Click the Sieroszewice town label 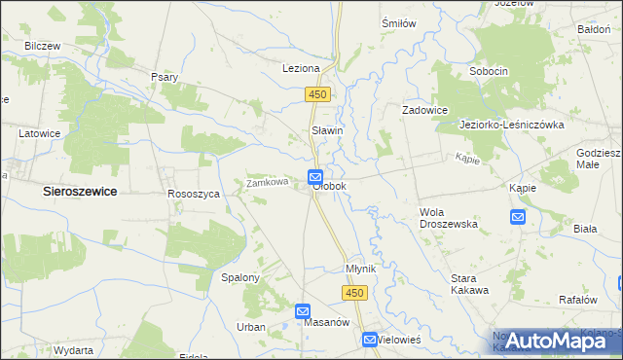pyautogui.click(x=80, y=193)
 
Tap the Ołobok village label pyautogui.click(x=329, y=185)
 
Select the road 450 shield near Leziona pyautogui.click(x=318, y=94)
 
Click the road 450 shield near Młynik pyautogui.click(x=354, y=293)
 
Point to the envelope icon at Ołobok pyautogui.click(x=315, y=176)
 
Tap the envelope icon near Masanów pyautogui.click(x=303, y=310)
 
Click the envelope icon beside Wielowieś pyautogui.click(x=370, y=340)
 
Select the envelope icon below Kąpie pyautogui.click(x=518, y=217)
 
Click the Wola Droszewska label pyautogui.click(x=448, y=217)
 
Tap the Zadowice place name pyautogui.click(x=425, y=111)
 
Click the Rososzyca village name pyautogui.click(x=194, y=194)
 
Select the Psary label pyautogui.click(x=164, y=77)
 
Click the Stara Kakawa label pyautogui.click(x=468, y=284)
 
